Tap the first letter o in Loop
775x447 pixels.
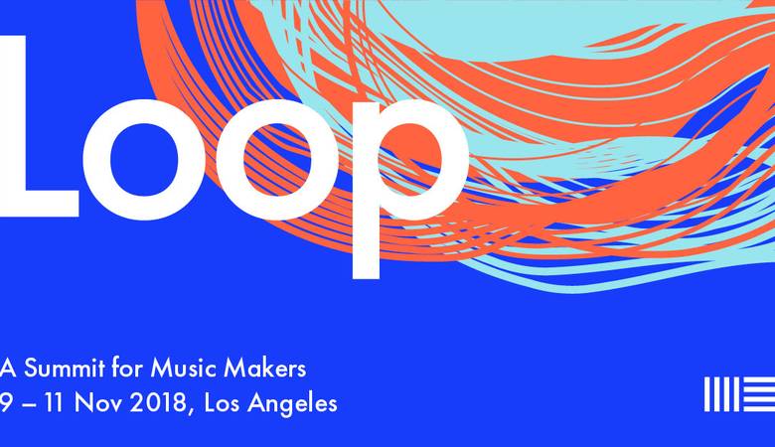coord(143,159)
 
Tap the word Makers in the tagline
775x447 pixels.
coord(265,368)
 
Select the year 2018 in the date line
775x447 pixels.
coord(157,403)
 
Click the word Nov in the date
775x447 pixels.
coord(99,403)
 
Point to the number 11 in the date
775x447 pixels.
coord(57,403)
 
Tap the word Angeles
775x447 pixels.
coord(292,405)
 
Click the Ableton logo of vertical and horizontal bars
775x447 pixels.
coord(739,394)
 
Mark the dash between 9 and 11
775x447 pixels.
coord(29,405)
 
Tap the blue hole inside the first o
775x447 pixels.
coord(143,159)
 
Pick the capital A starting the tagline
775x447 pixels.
coord(8,369)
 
